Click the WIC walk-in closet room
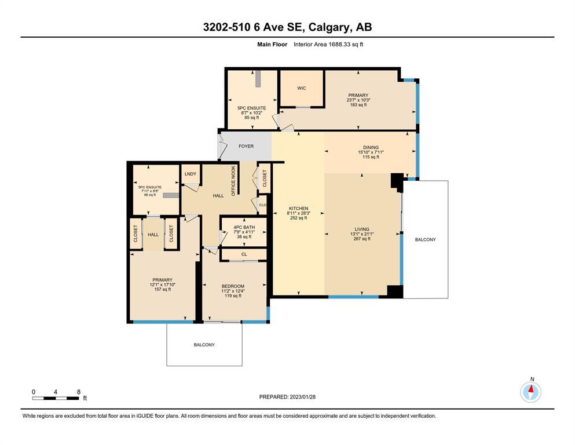[302, 89]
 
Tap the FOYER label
[246, 146]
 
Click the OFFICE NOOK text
[233, 181]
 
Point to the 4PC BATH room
[244, 232]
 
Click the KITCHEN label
[298, 209]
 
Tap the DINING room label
[371, 148]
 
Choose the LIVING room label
[362, 229]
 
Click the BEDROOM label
[233, 286]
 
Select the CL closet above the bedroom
[244, 254]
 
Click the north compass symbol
[530, 392]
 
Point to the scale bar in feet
[56, 398]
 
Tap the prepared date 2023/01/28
[302, 397]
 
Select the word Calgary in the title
[328, 27]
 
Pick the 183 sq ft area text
[358, 105]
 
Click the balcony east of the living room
[426, 239]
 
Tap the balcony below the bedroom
[204, 345]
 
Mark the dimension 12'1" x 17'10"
[163, 284]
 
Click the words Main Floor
[272, 45]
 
